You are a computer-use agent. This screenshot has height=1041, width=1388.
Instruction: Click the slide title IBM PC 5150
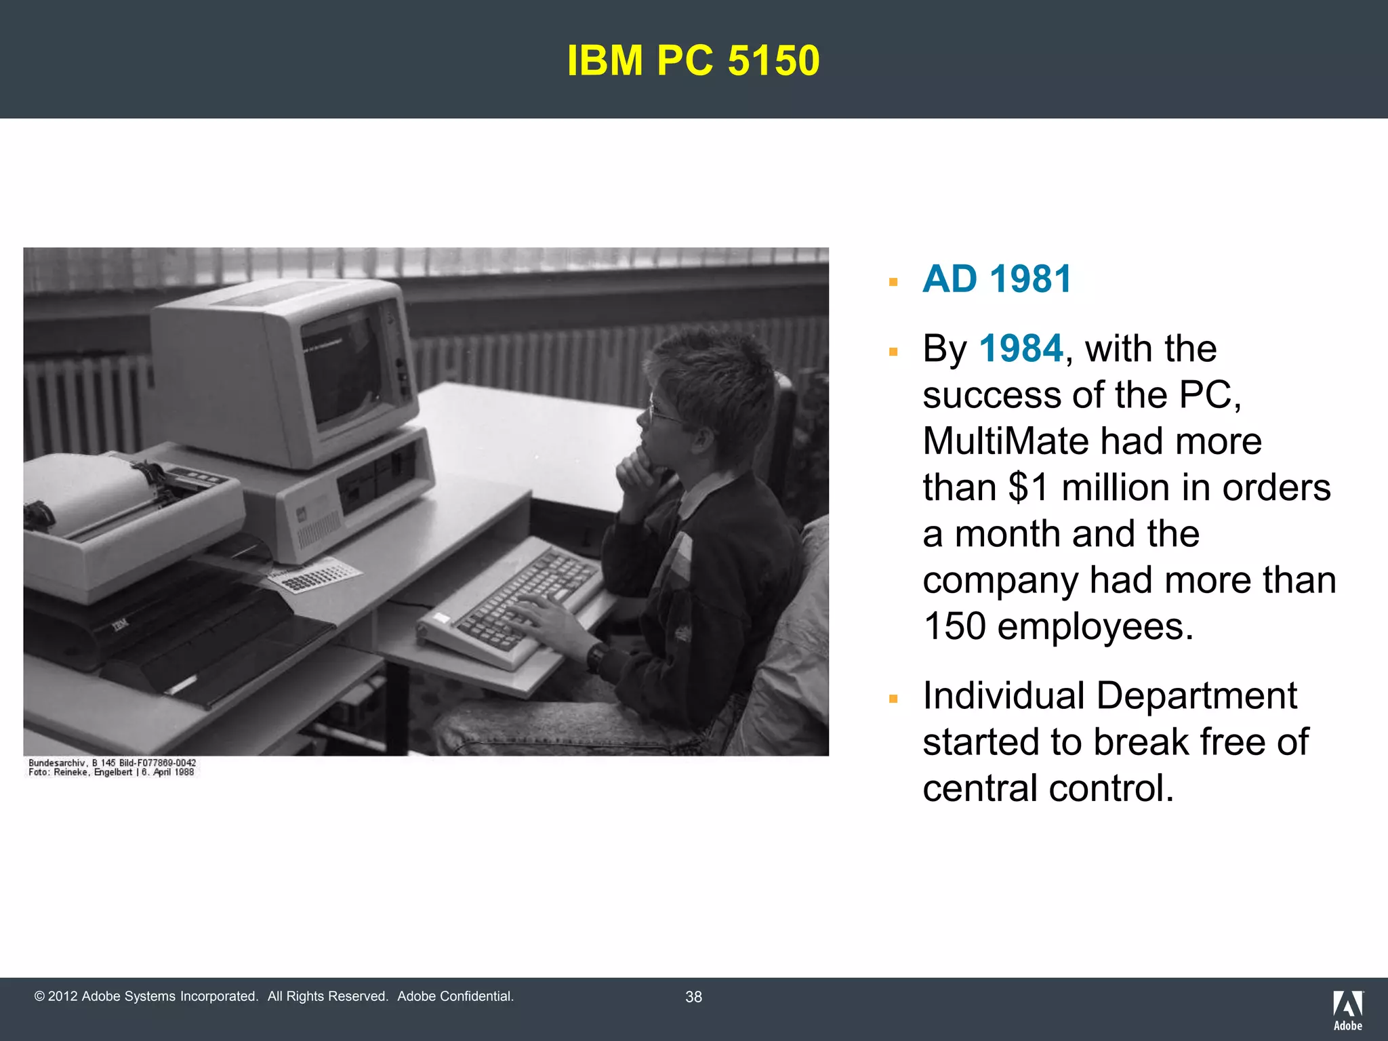(693, 60)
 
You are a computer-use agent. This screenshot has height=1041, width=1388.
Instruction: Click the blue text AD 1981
(997, 279)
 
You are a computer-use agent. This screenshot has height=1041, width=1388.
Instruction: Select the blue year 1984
(1021, 349)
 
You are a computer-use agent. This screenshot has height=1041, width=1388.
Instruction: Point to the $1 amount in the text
(1029, 487)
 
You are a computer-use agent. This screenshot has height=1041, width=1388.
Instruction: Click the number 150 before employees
(954, 626)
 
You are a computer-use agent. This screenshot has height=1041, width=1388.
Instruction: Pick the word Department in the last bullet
(1196, 696)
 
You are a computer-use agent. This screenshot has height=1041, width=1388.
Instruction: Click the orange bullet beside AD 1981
(893, 282)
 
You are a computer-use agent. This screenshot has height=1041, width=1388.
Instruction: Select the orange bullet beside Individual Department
(893, 699)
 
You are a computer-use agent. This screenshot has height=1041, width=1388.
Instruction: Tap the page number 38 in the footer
(693, 997)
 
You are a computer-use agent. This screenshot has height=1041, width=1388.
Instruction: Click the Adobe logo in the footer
(1348, 1009)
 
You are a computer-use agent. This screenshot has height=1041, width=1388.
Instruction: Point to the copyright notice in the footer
(274, 996)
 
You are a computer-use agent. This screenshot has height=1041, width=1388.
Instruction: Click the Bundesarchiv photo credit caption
(112, 767)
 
